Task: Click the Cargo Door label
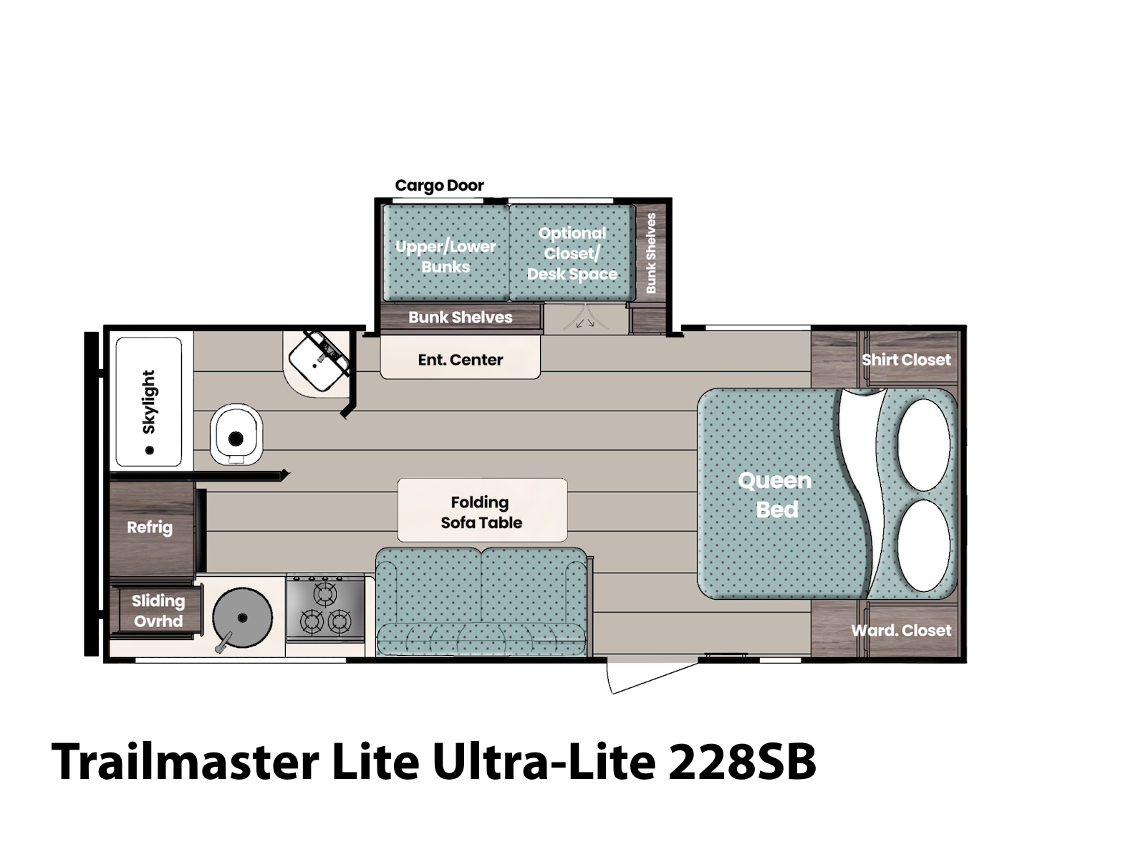coord(439,186)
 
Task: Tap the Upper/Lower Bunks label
coord(446,257)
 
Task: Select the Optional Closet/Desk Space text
coord(572,253)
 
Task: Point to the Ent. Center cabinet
coord(460,357)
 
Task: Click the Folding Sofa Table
coord(482,510)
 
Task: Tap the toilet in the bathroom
coord(236,434)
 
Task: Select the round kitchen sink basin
coord(242,618)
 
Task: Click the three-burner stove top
coord(325,608)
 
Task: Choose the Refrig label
coord(149,527)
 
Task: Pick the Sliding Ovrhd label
coord(158,611)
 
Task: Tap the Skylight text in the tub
coord(149,401)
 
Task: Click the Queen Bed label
coord(775,494)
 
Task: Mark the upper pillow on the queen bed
coord(923,445)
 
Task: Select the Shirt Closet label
coord(906,360)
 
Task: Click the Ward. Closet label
coord(901,630)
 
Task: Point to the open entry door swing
coord(653,677)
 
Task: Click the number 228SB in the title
coord(742,762)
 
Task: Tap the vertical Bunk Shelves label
coord(650,253)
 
